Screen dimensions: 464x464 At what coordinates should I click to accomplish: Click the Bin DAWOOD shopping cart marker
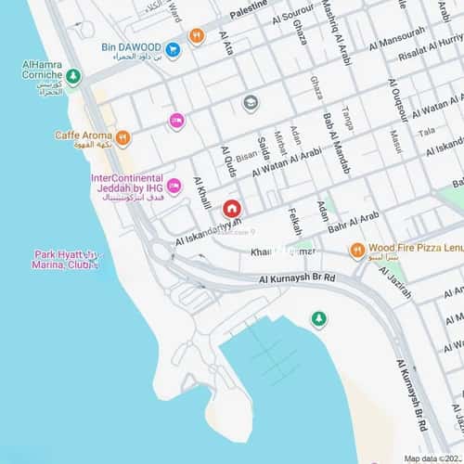pos(173,47)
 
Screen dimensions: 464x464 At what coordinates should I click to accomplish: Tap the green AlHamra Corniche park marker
pos(73,76)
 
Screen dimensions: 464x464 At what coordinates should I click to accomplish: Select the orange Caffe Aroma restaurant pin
pos(123,137)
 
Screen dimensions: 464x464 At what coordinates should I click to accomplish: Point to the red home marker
pos(231,209)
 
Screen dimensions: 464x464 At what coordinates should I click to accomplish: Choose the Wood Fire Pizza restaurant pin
pos(356,250)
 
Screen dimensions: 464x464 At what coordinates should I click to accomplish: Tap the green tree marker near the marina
pos(319,319)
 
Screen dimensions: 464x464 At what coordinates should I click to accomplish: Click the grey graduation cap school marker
pos(250,103)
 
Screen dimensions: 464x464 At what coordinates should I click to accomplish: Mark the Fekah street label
pos(296,220)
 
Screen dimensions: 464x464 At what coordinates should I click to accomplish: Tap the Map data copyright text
pos(432,458)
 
